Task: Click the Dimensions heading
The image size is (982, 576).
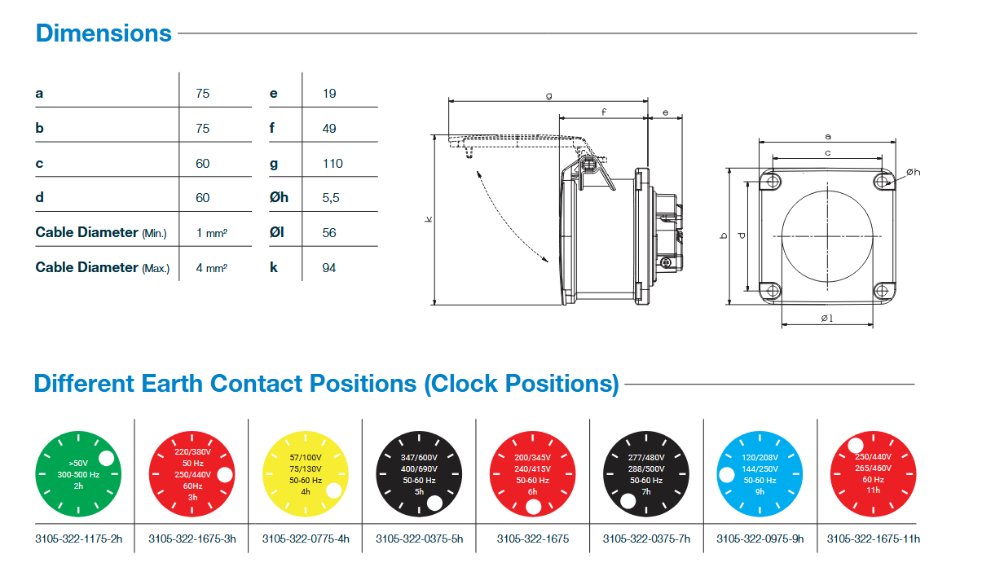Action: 103,33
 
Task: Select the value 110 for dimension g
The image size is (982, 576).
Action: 332,163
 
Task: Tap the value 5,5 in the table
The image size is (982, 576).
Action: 330,198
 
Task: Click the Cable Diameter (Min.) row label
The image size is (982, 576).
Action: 100,233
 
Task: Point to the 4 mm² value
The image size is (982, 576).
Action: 211,267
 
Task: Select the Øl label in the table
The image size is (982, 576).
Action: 279,233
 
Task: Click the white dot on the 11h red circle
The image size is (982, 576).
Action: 855,446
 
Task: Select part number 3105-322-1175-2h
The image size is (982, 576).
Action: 78,539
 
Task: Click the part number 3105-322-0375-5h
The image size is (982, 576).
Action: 419,539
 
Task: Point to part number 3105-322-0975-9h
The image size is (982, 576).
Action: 760,539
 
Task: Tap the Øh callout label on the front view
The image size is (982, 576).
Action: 913,172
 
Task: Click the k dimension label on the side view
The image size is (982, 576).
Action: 428,219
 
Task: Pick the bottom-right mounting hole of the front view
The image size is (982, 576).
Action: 883,289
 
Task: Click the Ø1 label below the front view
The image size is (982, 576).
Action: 826,318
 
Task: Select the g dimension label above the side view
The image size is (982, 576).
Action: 549,96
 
